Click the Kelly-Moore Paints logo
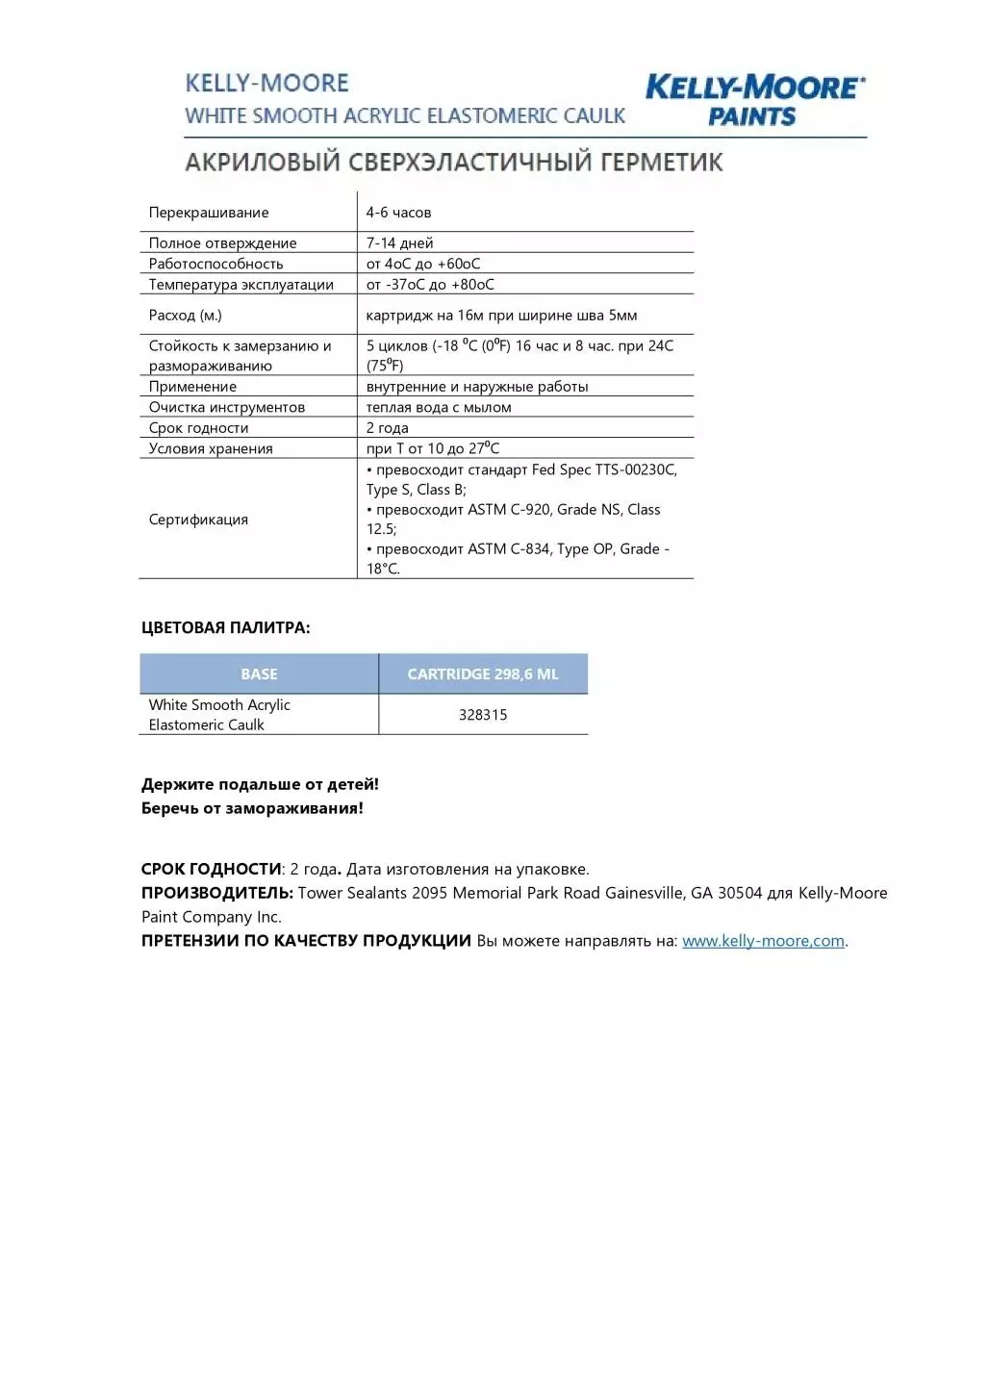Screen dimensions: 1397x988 754,100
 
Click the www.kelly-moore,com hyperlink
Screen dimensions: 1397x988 763,941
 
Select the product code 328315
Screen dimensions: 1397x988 483,715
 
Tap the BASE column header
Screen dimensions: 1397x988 259,674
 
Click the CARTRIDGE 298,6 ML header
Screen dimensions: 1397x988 483,674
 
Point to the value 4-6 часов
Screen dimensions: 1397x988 398,213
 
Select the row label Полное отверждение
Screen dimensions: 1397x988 222,243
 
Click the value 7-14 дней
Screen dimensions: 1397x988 399,243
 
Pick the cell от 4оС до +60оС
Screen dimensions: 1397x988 423,264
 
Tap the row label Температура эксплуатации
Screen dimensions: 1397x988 241,285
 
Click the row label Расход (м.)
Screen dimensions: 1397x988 185,316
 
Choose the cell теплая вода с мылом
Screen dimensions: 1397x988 439,408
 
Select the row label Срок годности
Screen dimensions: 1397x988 198,428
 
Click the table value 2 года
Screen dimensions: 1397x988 387,428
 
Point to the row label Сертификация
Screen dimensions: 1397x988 198,520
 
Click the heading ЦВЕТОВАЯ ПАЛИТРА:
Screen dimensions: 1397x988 225,628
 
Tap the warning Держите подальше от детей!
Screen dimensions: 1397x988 260,784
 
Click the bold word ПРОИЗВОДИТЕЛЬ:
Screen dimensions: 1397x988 216,893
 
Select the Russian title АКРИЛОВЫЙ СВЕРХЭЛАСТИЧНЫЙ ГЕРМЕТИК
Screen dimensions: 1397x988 453,162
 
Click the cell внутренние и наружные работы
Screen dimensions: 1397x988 477,387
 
